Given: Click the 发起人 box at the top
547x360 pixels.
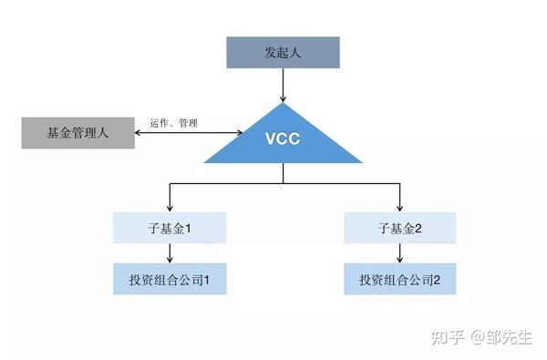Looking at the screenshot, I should point(283,54).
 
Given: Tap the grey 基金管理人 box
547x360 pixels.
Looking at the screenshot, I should point(77,133).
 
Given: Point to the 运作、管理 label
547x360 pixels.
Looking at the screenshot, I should point(173,123).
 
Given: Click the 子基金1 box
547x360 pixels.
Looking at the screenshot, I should point(169,228).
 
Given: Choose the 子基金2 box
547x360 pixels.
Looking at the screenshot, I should point(399,228).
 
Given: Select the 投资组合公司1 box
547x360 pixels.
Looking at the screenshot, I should point(169,279).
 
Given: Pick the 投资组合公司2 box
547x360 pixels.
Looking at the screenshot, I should point(399,279).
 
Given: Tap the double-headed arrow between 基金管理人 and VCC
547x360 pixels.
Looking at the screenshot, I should point(189,134).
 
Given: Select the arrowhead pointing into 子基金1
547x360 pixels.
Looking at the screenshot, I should point(169,207).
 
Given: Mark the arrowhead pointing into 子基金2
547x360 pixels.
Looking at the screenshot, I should point(399,207).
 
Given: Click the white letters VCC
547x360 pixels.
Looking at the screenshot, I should point(283,145).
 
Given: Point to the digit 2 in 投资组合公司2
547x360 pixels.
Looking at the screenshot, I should point(438,279).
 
